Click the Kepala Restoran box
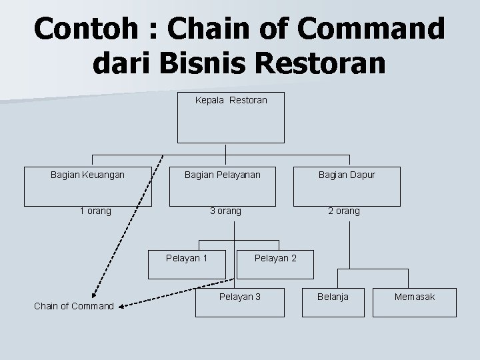tap(231, 117)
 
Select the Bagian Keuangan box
tap(88, 185)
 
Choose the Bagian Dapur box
tap(347, 185)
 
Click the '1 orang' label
tap(95, 211)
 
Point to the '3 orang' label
tap(225, 211)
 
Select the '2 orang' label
tap(343, 211)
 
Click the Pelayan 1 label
tap(187, 258)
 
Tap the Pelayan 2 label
tap(276, 258)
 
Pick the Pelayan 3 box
tap(240, 301)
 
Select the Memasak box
tap(414, 301)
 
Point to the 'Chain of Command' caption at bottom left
tap(73, 306)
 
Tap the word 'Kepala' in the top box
tap(209, 100)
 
